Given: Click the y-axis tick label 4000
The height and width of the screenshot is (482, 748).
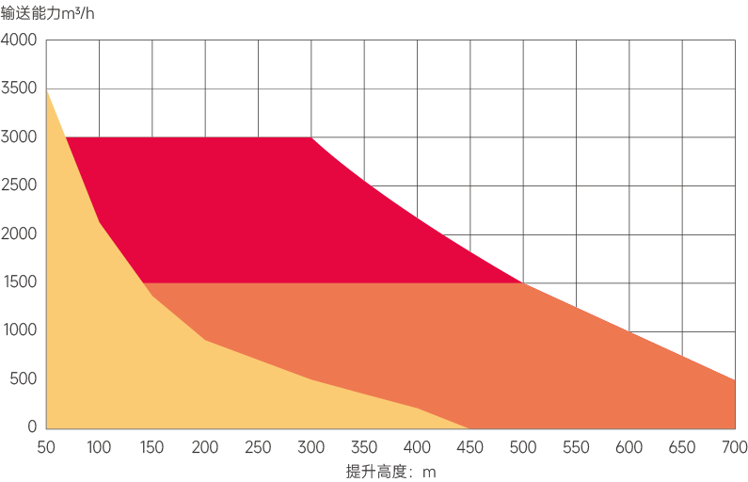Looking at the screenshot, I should (x=19, y=40).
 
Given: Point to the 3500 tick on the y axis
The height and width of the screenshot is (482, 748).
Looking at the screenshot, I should (x=19, y=89).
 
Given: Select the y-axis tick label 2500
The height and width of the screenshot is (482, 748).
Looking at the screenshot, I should (x=19, y=185).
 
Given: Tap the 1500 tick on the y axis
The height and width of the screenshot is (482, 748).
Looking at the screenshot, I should (x=19, y=282).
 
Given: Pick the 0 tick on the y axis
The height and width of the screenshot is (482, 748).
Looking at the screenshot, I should (x=31, y=427).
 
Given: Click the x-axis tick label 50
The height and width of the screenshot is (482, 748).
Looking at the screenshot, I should (x=46, y=447).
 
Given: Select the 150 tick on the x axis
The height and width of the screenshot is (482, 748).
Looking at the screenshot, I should (x=152, y=447).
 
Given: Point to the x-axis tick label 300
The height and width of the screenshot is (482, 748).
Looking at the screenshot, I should (x=311, y=447).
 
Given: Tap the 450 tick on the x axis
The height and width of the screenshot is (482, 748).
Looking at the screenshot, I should (x=470, y=447).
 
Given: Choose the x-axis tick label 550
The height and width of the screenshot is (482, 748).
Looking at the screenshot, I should (x=576, y=447).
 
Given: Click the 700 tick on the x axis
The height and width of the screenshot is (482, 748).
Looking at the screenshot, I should (x=735, y=447).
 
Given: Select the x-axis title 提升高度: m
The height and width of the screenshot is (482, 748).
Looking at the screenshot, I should (x=390, y=471).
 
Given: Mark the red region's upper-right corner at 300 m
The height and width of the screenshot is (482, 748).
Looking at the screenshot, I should (x=311, y=137).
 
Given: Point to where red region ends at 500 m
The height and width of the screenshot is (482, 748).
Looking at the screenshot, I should (x=523, y=282).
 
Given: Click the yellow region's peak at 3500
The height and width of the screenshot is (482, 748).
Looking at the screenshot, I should (x=46, y=89).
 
